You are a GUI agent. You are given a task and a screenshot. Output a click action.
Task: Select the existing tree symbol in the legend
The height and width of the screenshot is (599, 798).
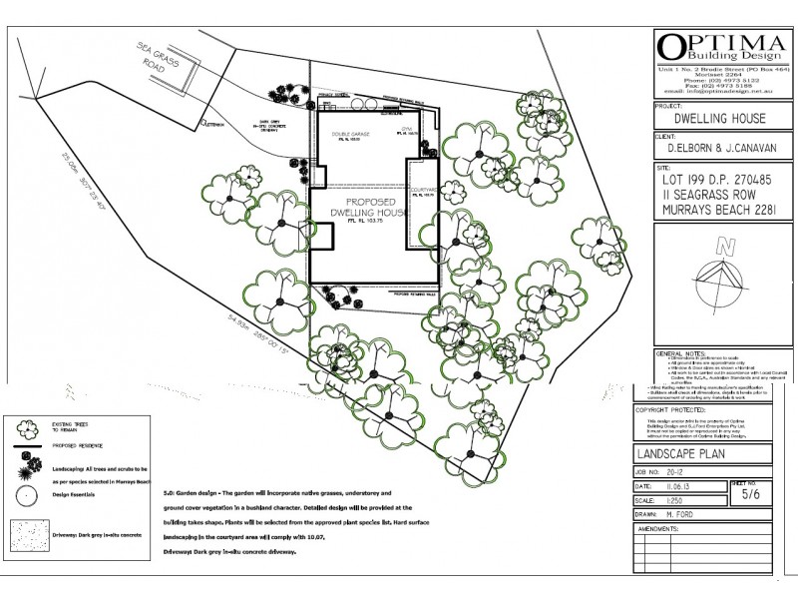(29, 424)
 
